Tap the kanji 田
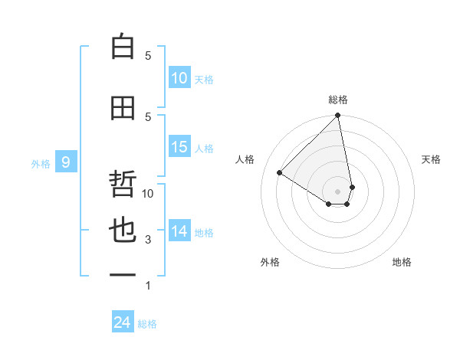coord(123,108)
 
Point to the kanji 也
coord(123,231)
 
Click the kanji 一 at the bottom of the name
coord(123,274)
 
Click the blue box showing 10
coord(179,78)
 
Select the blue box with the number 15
coord(179,147)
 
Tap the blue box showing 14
coord(179,231)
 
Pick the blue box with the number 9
coord(66,162)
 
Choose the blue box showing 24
coord(123,323)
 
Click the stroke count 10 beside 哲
coord(149,194)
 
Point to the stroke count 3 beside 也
coord(148,240)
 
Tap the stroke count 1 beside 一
coord(148,286)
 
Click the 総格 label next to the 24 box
coord(147,324)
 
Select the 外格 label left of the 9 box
coord(41,163)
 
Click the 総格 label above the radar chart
coord(338,100)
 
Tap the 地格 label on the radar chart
coord(402,262)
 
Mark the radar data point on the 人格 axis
coord(280,173)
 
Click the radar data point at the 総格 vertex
coord(338,116)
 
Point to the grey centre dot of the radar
coord(338,191)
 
